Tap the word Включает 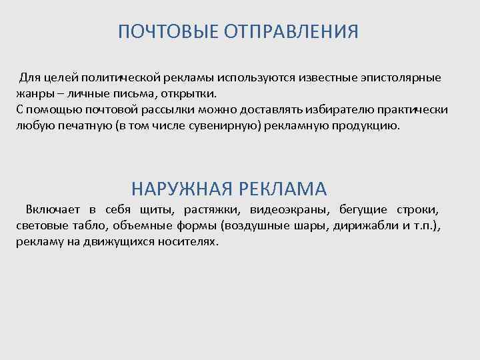coord(51,210)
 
